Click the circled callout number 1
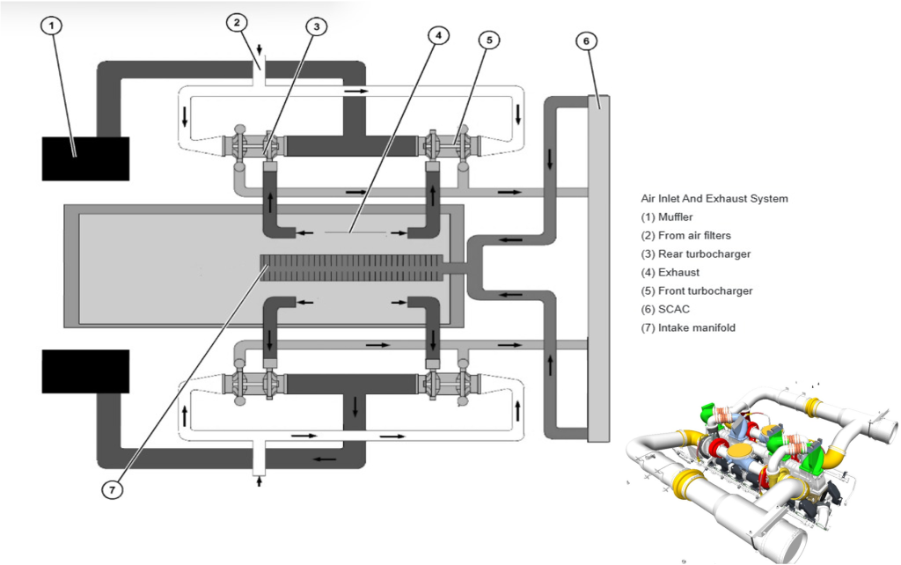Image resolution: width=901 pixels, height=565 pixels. (x=52, y=26)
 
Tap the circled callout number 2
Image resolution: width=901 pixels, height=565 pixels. (x=237, y=23)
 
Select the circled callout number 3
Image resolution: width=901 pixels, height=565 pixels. (x=316, y=26)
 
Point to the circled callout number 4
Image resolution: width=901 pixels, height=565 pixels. (x=438, y=35)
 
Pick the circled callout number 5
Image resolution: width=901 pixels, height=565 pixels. (x=489, y=40)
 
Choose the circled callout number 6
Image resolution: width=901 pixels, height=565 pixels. (x=586, y=40)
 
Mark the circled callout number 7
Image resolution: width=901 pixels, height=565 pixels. (x=112, y=489)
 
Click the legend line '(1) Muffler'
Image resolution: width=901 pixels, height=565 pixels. (x=667, y=217)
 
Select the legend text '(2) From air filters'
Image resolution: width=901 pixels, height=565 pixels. (x=685, y=236)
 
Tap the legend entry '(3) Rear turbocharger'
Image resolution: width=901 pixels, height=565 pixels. (x=696, y=254)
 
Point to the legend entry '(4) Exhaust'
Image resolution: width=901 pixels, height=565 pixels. (x=670, y=273)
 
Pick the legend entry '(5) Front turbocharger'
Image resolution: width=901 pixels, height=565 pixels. (x=697, y=290)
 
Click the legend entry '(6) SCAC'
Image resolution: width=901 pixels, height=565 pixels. (x=665, y=309)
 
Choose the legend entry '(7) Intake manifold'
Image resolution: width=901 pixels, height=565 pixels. (x=688, y=327)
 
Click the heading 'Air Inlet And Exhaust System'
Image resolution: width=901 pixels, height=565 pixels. (x=714, y=198)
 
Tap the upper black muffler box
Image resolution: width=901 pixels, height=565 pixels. (x=85, y=158)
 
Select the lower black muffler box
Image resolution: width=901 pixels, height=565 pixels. (x=85, y=371)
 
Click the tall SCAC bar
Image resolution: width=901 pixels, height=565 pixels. (x=598, y=268)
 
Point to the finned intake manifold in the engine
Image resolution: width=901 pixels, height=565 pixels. (x=352, y=268)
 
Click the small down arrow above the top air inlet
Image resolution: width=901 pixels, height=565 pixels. (x=260, y=49)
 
